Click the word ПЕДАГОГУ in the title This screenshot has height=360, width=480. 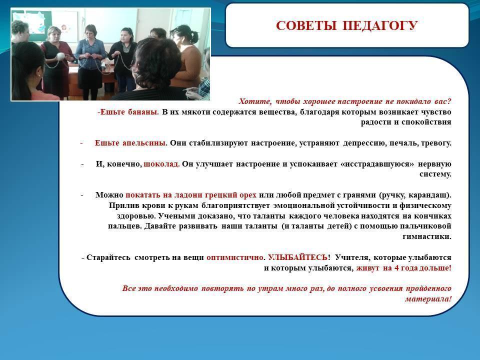[x=379, y=26]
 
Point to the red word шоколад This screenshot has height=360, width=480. [x=161, y=164]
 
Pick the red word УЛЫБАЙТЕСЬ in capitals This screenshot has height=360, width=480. [x=297, y=257]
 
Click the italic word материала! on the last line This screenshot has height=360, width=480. [x=428, y=299]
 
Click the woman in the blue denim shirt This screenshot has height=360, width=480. [x=90, y=61]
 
